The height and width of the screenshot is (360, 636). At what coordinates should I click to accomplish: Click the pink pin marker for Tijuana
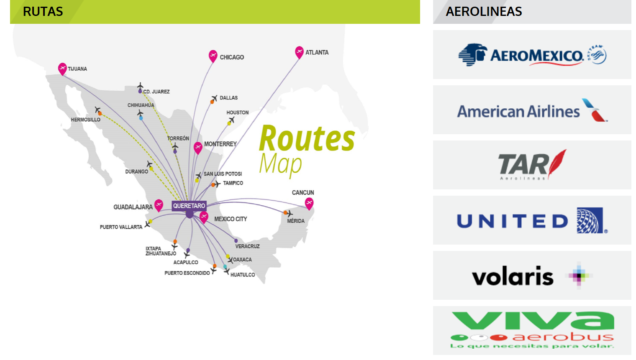(x=62, y=68)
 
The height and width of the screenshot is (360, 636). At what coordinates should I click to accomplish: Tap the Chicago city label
(x=232, y=57)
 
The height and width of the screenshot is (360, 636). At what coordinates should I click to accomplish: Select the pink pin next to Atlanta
(x=299, y=52)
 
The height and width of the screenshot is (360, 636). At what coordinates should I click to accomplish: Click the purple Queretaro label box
(x=189, y=206)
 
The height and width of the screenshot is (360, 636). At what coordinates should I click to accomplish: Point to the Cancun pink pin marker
(x=309, y=203)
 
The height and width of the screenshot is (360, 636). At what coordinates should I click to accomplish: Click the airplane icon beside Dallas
(x=214, y=99)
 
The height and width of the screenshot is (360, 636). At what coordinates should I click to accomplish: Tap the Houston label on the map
(x=237, y=112)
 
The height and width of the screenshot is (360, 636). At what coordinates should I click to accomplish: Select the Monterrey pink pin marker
(x=198, y=147)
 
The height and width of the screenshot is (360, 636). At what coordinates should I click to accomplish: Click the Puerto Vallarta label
(x=121, y=227)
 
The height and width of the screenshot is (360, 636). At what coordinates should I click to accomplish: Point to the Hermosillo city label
(x=85, y=120)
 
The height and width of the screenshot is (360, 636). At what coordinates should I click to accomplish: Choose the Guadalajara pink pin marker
(x=159, y=205)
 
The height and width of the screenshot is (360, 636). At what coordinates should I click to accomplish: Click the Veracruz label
(x=247, y=246)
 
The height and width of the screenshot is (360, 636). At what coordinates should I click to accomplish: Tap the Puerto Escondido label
(x=187, y=273)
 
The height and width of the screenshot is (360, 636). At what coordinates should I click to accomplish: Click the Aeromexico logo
(x=532, y=55)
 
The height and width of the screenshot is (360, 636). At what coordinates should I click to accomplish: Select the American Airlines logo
(x=532, y=110)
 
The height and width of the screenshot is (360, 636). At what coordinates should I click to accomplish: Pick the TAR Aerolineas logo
(x=532, y=165)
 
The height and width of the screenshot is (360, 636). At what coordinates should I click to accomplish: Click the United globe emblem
(x=590, y=220)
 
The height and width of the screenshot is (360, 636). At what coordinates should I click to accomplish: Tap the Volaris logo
(x=532, y=276)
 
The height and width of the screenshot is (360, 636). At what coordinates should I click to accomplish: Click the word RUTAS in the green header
(x=43, y=12)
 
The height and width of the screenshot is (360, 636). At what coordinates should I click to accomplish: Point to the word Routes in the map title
(x=307, y=139)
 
